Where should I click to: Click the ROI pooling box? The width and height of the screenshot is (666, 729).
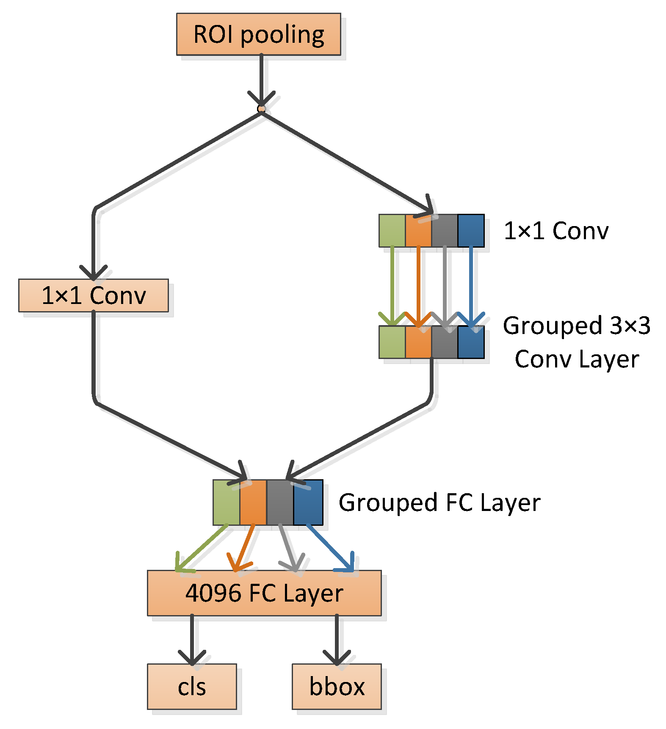coord(259,34)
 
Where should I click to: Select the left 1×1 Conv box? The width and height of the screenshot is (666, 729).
coord(94,295)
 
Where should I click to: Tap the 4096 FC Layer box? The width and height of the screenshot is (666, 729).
coord(264,593)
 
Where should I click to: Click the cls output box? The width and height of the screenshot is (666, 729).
coord(192,686)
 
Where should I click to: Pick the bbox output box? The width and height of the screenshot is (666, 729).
coord(337,686)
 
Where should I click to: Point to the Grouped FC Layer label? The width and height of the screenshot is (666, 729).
coord(439,503)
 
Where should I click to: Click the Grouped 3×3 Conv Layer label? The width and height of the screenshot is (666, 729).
coord(577,342)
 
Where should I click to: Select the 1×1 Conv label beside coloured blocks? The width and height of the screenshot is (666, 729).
coord(556,231)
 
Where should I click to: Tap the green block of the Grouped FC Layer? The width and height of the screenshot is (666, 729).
coord(227,503)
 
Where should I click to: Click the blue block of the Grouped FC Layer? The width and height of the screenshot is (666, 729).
coord(308,503)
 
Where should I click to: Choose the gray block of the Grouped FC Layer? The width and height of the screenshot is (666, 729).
coord(280,503)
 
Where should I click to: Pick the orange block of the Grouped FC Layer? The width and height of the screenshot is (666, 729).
coord(253,503)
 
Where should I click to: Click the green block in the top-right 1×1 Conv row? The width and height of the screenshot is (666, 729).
coord(392,231)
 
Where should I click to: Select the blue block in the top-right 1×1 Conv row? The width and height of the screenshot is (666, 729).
coord(471,231)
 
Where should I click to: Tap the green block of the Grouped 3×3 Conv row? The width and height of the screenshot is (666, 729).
coord(392,342)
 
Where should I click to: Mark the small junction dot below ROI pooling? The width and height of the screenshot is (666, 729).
coord(262,109)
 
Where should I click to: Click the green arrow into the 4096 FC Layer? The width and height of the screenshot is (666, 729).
coord(202,548)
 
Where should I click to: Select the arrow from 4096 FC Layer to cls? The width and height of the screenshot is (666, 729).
coord(192,640)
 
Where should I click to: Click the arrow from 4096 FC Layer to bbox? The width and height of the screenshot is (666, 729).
coord(337,640)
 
